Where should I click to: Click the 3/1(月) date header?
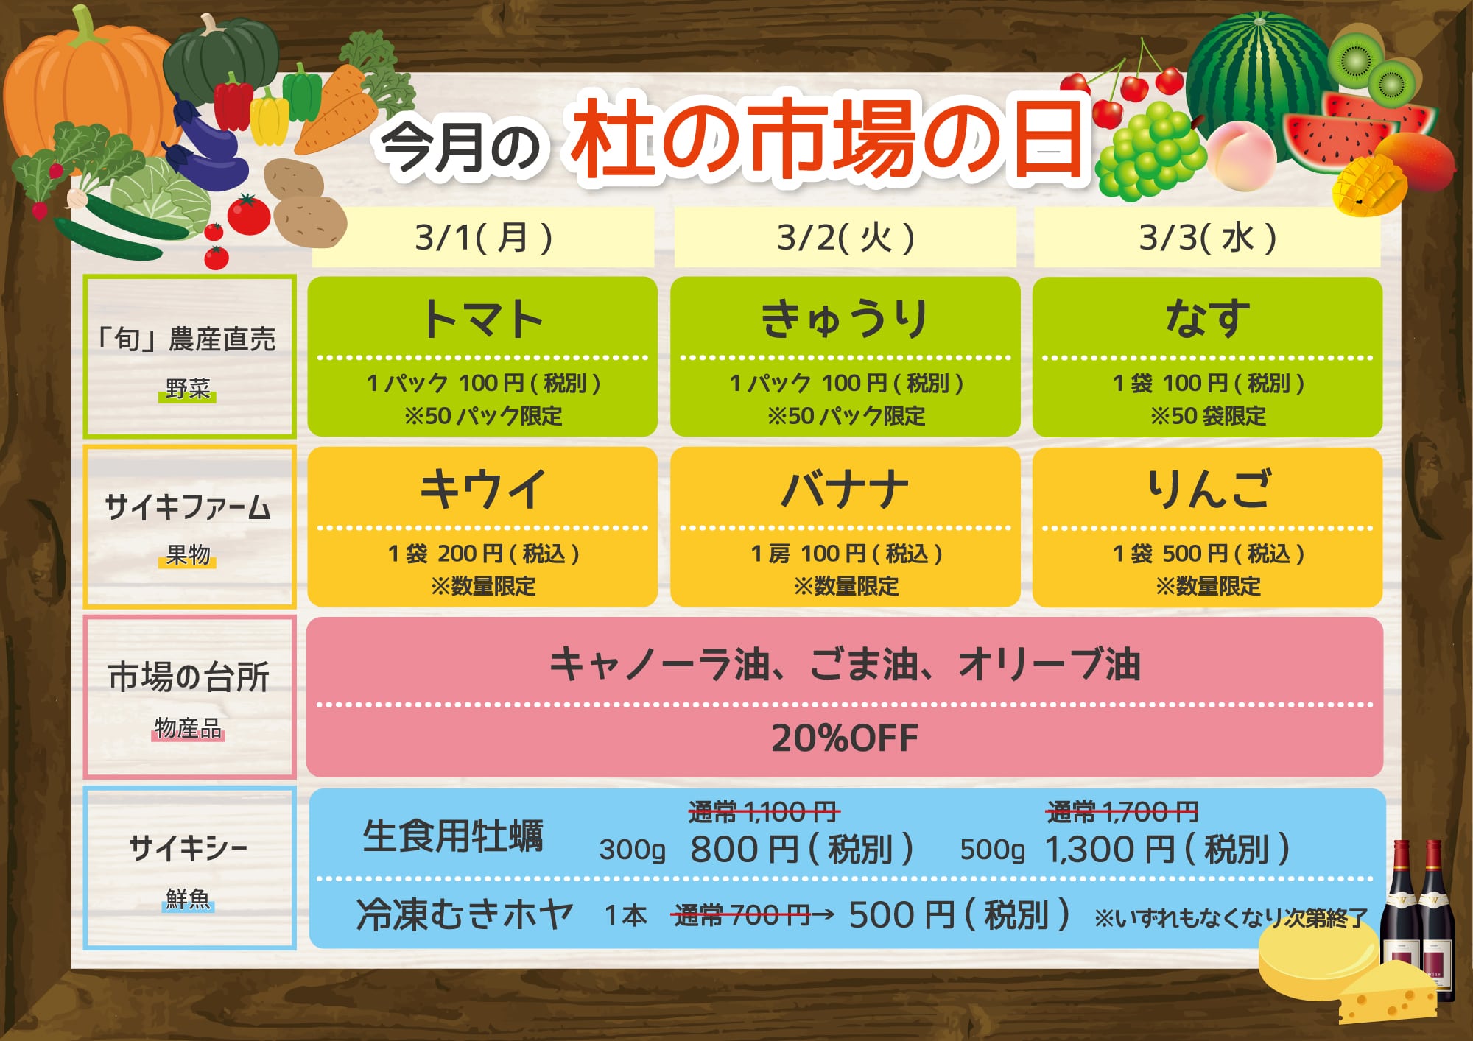[483, 238]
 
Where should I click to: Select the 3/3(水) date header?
[1208, 238]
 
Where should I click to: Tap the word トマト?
[482, 320]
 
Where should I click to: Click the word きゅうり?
[845, 320]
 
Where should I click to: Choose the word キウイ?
[482, 490]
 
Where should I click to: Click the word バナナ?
[845, 490]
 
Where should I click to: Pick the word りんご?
[1208, 490]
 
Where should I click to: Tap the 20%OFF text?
[845, 738]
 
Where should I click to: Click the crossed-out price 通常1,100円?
[764, 813]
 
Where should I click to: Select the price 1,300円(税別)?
[1167, 850]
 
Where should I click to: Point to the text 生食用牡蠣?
[453, 836]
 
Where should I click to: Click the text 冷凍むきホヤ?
[465, 915]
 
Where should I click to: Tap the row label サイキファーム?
[189, 508]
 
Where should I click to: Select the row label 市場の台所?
[189, 677]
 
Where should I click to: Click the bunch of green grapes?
[1150, 151]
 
